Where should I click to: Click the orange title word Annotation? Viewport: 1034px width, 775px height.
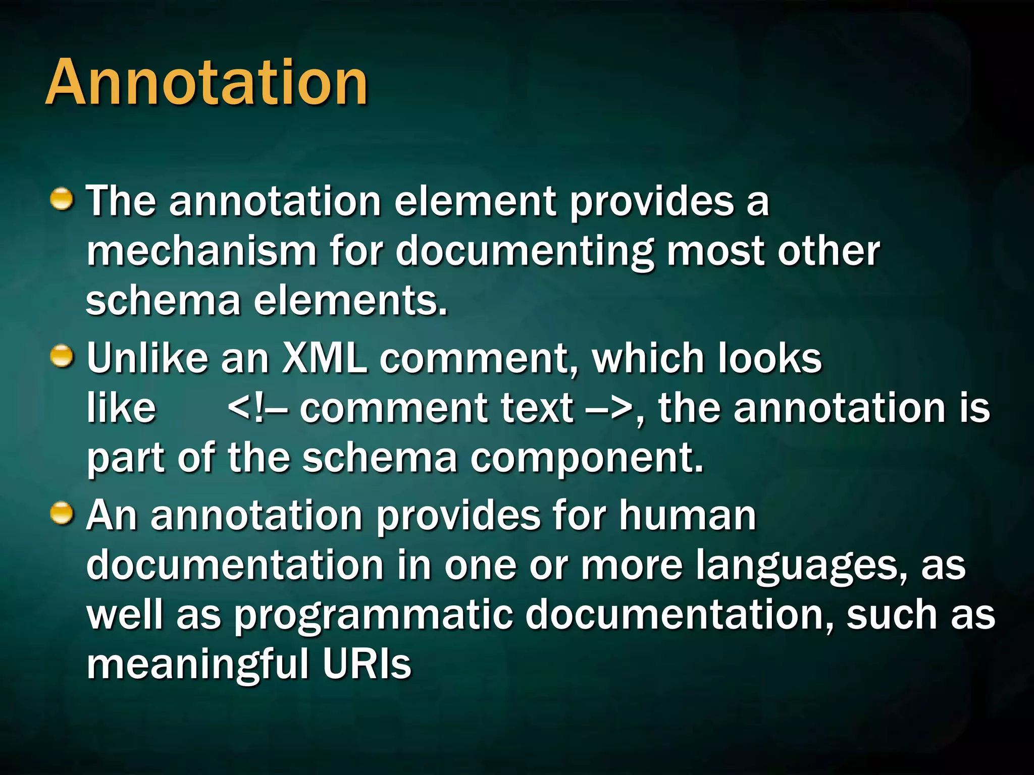click(207, 82)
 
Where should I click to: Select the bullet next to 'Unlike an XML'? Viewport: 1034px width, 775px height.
click(62, 356)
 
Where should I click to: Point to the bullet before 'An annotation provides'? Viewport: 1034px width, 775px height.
click(62, 514)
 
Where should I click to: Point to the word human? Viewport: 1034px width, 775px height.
click(688, 515)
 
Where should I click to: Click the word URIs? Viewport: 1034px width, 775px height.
click(367, 664)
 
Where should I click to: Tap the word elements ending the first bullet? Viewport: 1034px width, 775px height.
click(350, 301)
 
